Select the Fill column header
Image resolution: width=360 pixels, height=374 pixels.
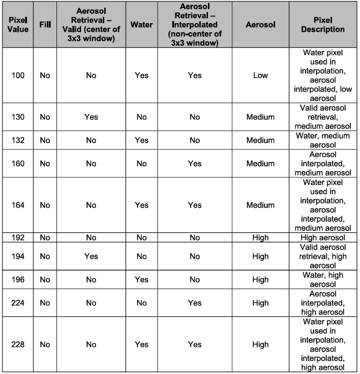click(x=45, y=24)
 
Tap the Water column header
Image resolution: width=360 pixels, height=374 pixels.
click(x=141, y=24)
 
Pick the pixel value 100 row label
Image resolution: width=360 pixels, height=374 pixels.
click(x=18, y=75)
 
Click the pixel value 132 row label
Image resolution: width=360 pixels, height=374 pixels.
click(x=18, y=140)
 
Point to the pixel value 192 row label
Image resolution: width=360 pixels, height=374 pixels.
click(x=18, y=237)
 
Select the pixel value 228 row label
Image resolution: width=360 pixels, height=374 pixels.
click(x=18, y=345)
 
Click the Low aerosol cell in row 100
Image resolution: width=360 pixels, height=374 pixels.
click(x=260, y=75)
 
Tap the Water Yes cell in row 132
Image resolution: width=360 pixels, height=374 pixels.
click(x=141, y=140)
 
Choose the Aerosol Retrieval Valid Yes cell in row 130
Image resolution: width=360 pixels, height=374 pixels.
click(x=91, y=117)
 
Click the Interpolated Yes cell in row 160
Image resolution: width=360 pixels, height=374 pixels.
click(x=194, y=164)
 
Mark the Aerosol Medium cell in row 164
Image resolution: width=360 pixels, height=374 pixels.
click(x=260, y=205)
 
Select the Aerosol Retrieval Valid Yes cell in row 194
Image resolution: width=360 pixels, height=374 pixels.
click(x=91, y=256)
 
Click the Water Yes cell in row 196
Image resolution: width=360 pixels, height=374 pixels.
click(x=141, y=280)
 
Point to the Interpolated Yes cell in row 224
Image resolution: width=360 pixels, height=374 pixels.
click(x=194, y=303)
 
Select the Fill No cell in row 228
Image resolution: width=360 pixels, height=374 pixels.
click(x=45, y=345)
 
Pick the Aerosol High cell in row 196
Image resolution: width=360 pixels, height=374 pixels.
click(x=260, y=280)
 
